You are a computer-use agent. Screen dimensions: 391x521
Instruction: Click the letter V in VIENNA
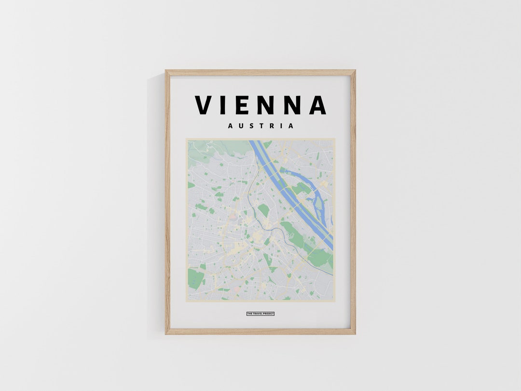(203, 105)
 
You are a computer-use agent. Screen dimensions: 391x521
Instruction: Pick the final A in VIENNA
(317, 105)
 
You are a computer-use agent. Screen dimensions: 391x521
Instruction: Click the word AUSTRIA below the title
(260, 126)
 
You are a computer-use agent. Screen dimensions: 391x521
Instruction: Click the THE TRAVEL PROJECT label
(260, 314)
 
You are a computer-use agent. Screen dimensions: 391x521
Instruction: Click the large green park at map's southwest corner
(195, 279)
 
